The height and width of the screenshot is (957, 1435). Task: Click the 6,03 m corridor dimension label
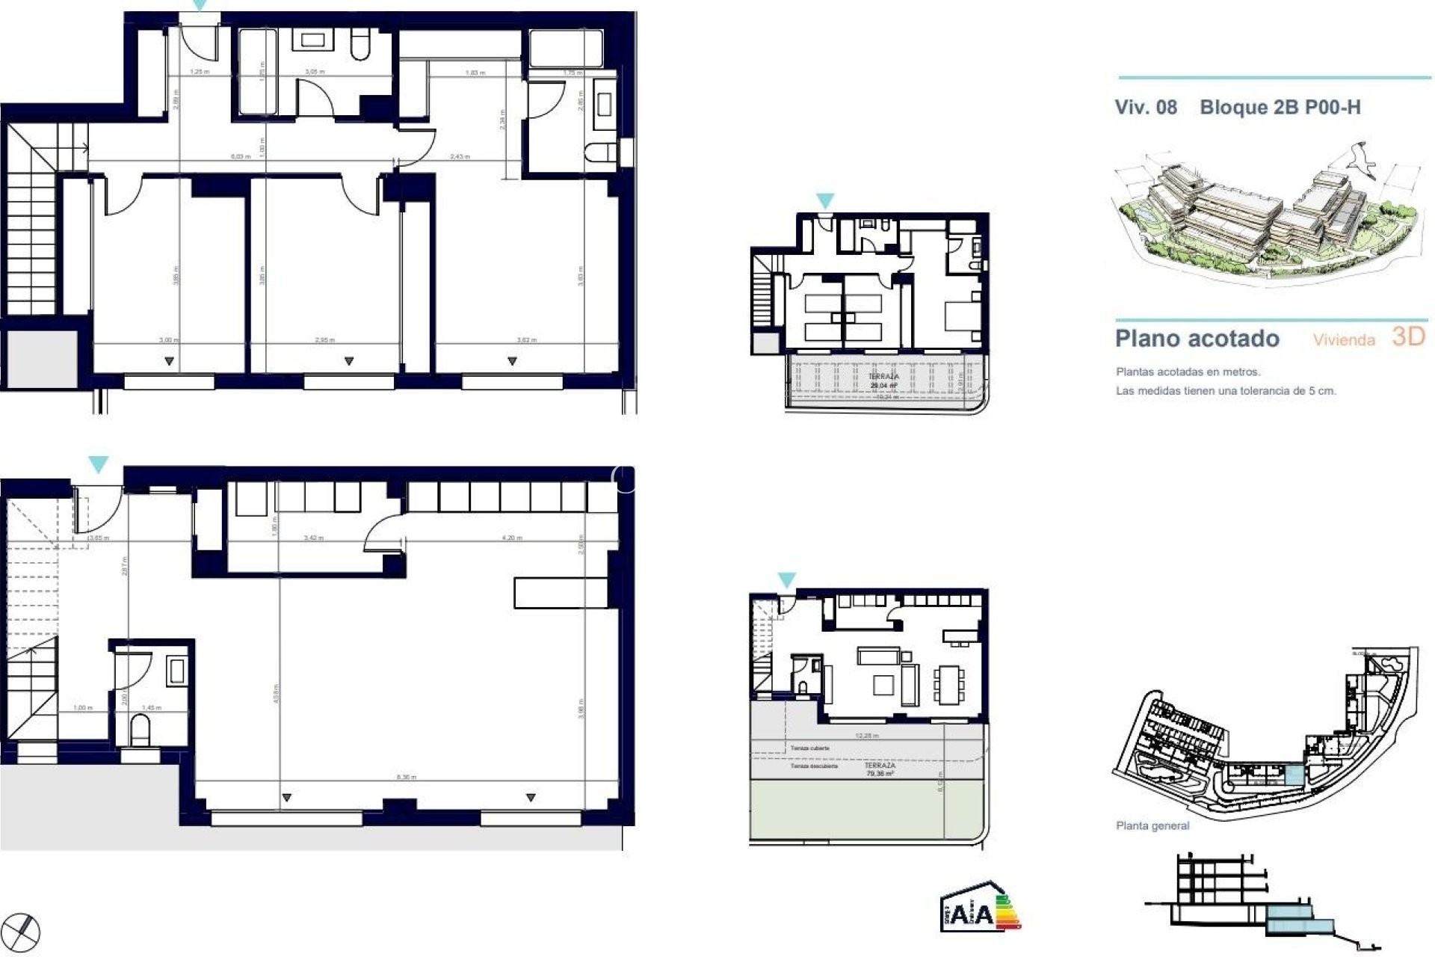[x=240, y=156]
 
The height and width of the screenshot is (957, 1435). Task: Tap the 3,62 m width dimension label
[x=527, y=340]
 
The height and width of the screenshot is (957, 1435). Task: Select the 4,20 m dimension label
[x=512, y=538]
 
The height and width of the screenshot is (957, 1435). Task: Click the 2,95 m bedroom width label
[x=324, y=340]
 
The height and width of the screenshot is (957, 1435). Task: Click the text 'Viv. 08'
[x=1146, y=108]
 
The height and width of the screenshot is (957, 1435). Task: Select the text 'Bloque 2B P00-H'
[x=1280, y=108]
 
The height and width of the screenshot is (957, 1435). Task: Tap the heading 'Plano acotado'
[x=1197, y=339]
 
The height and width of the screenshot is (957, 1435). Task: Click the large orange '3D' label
[x=1408, y=336]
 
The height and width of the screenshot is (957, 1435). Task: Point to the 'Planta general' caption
[x=1152, y=826]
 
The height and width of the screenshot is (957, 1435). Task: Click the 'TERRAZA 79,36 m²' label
[x=880, y=769]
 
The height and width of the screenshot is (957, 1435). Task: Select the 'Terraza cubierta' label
[x=810, y=748]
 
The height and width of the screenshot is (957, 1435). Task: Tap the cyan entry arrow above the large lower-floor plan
[x=98, y=465]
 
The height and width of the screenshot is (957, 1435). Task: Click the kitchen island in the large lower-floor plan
[x=561, y=592]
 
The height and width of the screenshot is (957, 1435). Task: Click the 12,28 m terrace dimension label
[x=867, y=736]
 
